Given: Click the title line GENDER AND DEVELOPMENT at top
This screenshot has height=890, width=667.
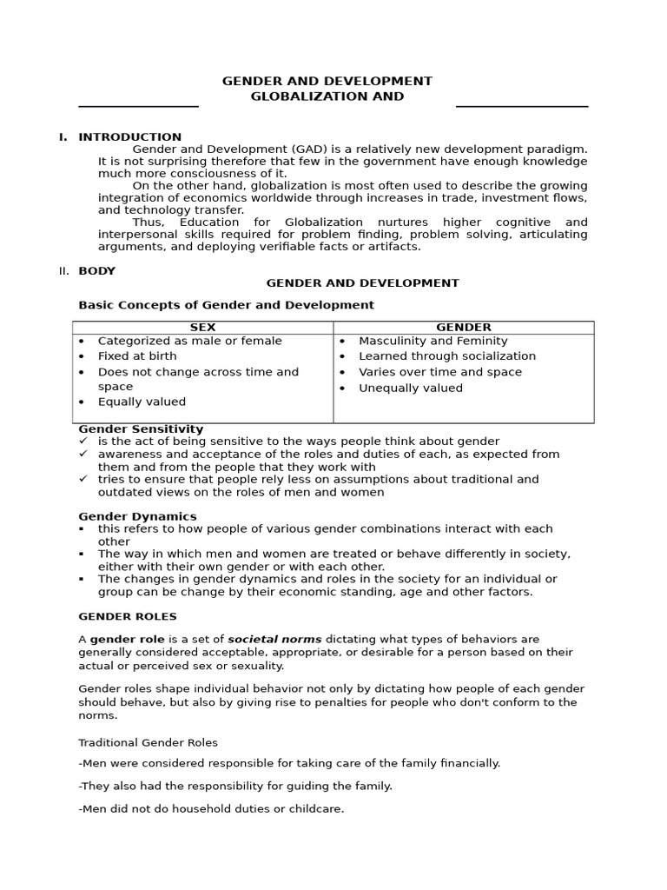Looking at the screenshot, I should point(327,81).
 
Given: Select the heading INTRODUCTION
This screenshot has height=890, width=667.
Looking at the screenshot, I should point(130,136).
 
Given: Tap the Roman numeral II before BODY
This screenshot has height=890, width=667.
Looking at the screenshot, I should point(63,270).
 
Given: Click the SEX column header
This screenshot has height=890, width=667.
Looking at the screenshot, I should point(202,328).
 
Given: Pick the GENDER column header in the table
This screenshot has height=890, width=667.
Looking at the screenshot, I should point(463,328).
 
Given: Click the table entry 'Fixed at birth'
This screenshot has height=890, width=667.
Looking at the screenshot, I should point(137,356).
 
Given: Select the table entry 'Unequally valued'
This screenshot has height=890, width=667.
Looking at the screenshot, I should point(411,388).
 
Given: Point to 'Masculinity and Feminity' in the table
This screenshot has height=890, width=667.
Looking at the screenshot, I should point(433,341).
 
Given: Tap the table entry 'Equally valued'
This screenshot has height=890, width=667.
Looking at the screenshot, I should point(142,402).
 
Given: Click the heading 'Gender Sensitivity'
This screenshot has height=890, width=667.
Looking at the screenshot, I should point(141,428).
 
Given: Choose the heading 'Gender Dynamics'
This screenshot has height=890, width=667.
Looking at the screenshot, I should point(137,516).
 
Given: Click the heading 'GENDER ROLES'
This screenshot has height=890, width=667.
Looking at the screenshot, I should point(128,616).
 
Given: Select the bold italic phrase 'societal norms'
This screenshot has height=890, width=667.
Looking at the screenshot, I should point(274,639).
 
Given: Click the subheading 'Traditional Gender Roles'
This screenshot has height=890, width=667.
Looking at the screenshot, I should point(149,742).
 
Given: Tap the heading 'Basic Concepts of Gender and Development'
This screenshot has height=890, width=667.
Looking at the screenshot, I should point(226,305).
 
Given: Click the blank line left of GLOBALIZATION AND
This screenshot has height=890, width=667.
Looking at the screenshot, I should point(139,105).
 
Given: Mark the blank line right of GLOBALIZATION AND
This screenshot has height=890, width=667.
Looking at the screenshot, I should point(522,105).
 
